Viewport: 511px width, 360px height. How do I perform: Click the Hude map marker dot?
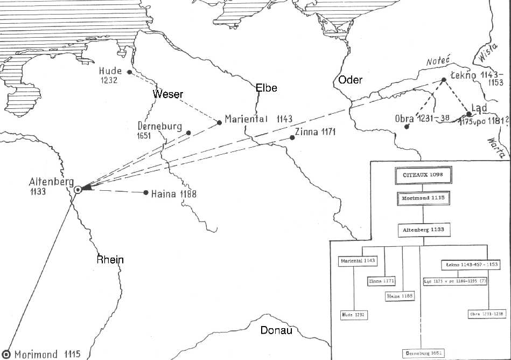pos(129,72)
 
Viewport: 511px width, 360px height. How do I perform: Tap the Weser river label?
pos(168,94)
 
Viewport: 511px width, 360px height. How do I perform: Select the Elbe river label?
pos(266,87)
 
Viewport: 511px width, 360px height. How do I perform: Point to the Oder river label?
pos(350,80)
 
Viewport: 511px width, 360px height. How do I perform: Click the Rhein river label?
pos(110,260)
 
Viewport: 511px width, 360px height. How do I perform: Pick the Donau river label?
pos(276,330)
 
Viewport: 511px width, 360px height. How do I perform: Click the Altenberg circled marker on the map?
pos(78,189)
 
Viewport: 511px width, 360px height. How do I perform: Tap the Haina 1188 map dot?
pos(146,192)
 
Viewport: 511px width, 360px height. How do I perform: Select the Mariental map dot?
pos(219,122)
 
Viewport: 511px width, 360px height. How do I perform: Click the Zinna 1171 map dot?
pos(292,137)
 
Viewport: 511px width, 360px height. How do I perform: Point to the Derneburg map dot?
pos(188,133)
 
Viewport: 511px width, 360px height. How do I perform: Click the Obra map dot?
pos(407,127)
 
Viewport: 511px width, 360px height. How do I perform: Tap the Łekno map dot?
pos(444,80)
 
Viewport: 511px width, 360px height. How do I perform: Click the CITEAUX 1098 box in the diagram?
pos(423,175)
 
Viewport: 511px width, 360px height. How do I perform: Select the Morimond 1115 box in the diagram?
pos(423,198)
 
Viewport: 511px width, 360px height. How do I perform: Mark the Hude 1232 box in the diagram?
pos(353,314)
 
